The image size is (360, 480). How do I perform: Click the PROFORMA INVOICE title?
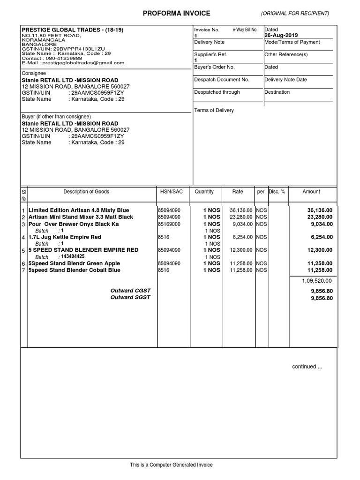pyautogui.click(x=176, y=14)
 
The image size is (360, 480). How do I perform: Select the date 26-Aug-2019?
pyautogui.click(x=281, y=35)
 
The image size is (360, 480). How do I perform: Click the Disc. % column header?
pyautogui.click(x=277, y=192)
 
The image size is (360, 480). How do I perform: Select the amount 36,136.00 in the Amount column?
pyautogui.click(x=320, y=210)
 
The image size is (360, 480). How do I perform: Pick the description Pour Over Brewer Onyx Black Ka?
pyautogui.click(x=74, y=224)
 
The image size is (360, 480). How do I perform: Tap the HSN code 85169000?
pyautogui.click(x=169, y=224)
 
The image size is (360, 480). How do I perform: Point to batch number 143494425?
pyautogui.click(x=73, y=257)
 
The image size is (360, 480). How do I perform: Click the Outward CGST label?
pyautogui.click(x=130, y=291)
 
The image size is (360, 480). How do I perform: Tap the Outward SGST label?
pyautogui.click(x=130, y=298)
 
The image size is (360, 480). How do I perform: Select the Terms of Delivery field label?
pyautogui.click(x=214, y=111)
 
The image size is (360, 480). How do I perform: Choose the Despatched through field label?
pyautogui.click(x=217, y=92)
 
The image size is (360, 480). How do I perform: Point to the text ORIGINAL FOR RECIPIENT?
pyautogui.click(x=295, y=13)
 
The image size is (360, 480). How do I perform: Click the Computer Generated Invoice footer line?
pyautogui.click(x=171, y=465)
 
